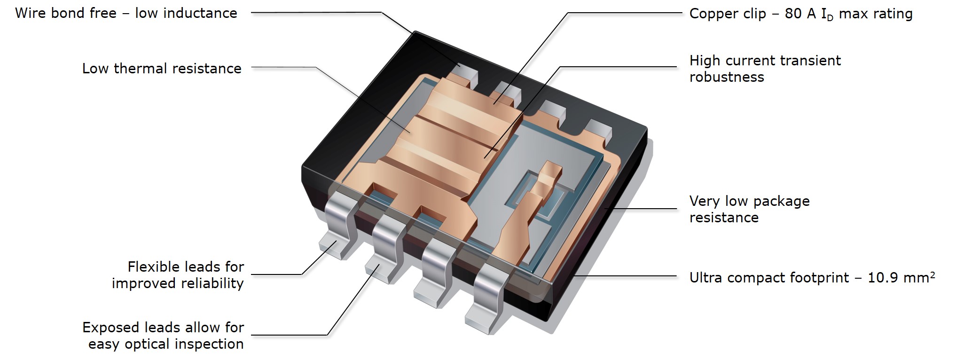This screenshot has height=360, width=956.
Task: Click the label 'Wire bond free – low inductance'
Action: (x=126, y=13)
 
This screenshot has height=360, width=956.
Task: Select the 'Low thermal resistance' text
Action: (x=162, y=69)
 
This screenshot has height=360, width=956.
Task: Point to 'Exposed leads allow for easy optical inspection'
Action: (x=164, y=336)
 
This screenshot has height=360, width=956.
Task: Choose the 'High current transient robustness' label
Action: (x=765, y=69)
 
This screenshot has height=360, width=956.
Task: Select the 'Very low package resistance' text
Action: (x=749, y=209)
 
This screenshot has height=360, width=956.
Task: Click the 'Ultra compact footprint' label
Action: (x=769, y=278)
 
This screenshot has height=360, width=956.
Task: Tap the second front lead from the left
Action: (x=387, y=249)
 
